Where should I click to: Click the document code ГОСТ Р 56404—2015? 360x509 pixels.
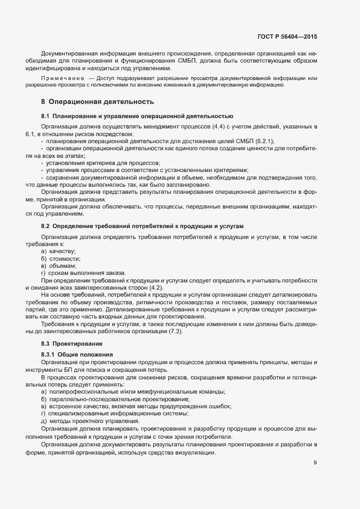click(286, 36)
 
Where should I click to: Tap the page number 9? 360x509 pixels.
click(315, 463)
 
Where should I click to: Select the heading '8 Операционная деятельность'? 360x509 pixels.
click(97, 102)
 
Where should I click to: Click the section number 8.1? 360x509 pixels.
click(46, 116)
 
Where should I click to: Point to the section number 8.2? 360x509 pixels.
click(46, 225)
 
